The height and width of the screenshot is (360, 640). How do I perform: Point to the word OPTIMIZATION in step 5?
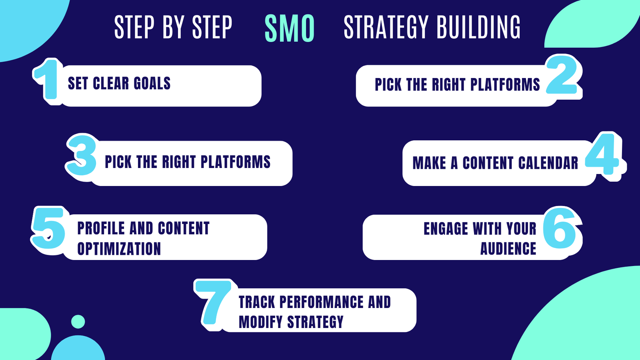tap(119, 249)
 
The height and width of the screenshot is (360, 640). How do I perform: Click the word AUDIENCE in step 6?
tap(508, 249)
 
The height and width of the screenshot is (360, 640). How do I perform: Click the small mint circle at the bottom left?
tap(78, 322)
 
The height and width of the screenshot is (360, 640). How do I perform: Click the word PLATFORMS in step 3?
tap(235, 162)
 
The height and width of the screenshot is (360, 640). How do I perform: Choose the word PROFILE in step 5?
tap(101, 228)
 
